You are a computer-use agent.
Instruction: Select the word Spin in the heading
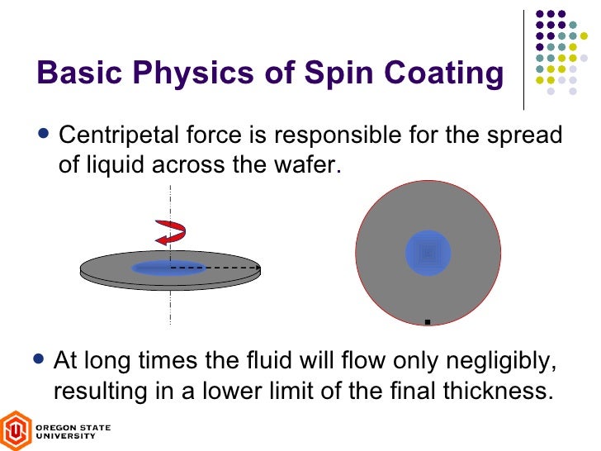point(340,74)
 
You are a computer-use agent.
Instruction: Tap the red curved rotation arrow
point(171,232)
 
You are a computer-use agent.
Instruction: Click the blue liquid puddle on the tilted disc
point(168,268)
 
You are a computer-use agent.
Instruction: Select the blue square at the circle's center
point(428,253)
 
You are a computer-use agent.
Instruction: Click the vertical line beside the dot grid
point(524,59)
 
